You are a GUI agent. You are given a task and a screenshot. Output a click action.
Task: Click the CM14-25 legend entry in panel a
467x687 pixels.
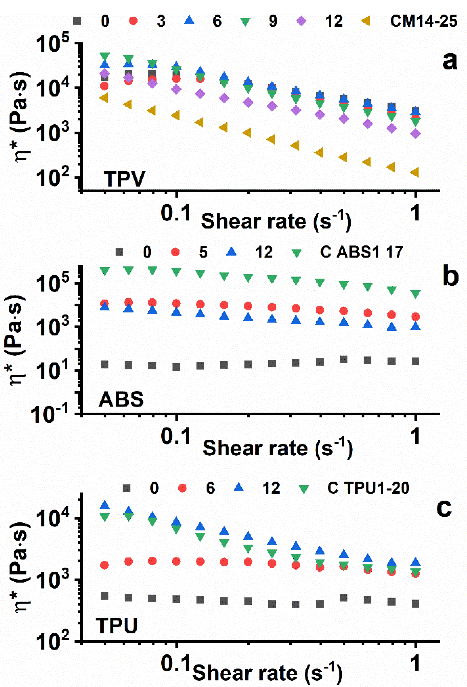[x=423, y=21]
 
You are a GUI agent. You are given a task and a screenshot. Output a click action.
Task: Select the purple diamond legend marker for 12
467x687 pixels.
[x=301, y=21]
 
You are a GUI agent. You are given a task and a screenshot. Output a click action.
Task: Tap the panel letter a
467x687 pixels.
[x=450, y=61]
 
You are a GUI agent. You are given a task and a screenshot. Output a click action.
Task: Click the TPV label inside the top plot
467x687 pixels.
[x=124, y=179]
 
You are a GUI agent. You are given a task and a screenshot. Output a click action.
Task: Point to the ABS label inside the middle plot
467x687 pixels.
[x=121, y=400]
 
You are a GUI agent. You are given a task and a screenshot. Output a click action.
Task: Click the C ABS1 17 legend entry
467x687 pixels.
[x=361, y=252]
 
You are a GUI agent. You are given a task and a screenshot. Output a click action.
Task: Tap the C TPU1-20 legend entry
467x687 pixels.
[x=368, y=488]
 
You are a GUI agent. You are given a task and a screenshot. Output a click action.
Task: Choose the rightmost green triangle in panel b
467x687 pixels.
[x=416, y=294]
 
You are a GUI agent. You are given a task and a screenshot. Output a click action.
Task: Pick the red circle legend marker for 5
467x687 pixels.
[x=176, y=252]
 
